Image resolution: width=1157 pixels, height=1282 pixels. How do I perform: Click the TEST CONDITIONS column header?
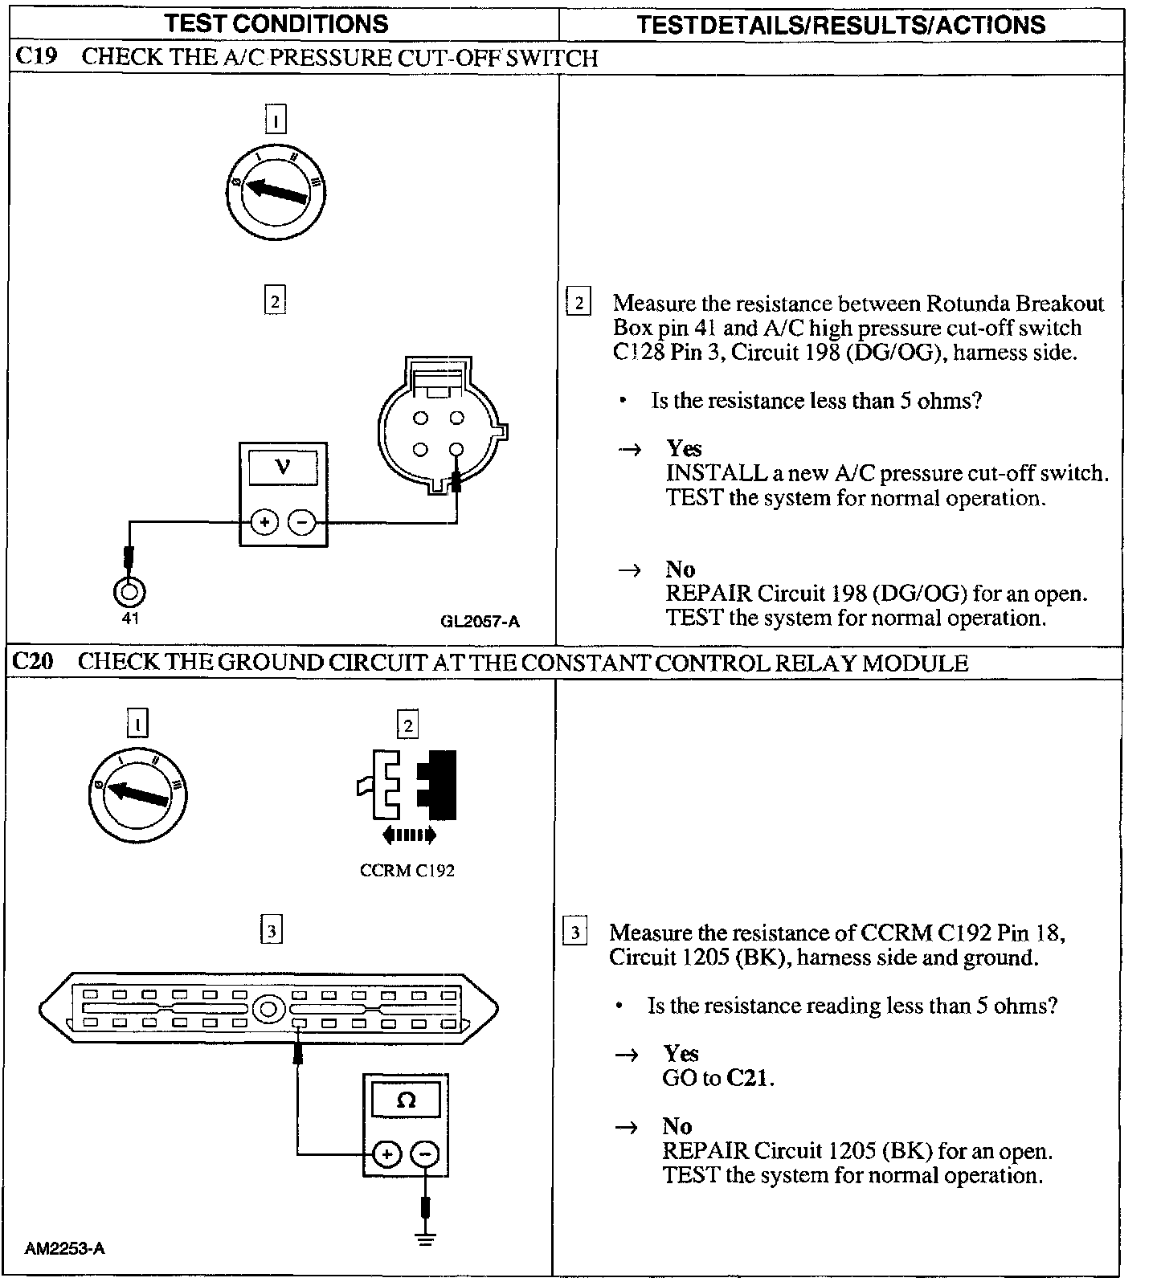tap(276, 24)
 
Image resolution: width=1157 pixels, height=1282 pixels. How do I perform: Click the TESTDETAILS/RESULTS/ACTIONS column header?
tap(840, 25)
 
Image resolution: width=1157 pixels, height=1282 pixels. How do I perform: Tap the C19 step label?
tap(35, 57)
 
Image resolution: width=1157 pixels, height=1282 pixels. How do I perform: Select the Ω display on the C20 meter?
tap(406, 1100)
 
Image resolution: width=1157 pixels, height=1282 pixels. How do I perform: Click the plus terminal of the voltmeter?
tap(264, 523)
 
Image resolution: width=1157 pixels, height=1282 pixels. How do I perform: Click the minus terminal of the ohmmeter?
tap(425, 1155)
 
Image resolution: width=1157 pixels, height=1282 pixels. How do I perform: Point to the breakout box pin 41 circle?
tap(130, 593)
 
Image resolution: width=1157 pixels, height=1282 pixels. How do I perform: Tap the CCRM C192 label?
tap(407, 871)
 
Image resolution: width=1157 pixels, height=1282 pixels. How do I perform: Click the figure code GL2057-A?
tap(480, 621)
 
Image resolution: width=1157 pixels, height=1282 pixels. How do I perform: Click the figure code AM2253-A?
tap(64, 1248)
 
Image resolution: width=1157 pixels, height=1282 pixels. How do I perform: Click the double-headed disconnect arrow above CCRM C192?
tap(409, 835)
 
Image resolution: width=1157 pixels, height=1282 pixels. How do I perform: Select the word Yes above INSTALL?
tap(684, 448)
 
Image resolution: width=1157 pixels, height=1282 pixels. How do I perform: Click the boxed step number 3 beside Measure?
tap(575, 933)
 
